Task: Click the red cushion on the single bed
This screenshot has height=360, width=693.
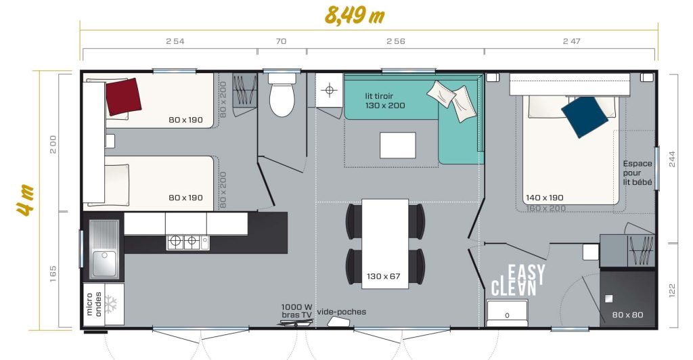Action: coord(123,97)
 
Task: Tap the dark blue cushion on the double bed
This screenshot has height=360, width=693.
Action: coord(585,117)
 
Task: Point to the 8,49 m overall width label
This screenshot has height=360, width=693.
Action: coord(355,15)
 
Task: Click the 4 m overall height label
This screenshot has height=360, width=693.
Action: coord(26,200)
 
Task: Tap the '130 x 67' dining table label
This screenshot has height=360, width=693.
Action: coord(383,277)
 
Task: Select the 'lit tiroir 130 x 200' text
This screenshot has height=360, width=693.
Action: coord(385,101)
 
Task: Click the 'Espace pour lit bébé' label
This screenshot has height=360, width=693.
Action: coord(638,173)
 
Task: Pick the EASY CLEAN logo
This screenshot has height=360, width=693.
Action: coord(518,280)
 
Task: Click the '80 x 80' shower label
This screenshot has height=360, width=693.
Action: coord(627,315)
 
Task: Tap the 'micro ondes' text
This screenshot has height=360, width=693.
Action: coord(93,304)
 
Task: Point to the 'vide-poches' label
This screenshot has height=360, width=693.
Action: coord(342,312)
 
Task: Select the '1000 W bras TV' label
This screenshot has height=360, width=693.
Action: coord(296,311)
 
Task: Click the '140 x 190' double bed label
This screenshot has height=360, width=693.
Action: coord(545,198)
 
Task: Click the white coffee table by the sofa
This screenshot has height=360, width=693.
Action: coord(398,145)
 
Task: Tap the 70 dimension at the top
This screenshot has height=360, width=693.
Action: coord(281,41)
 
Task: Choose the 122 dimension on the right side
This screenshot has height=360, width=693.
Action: coord(672,290)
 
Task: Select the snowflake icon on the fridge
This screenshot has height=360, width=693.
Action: coord(110,305)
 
